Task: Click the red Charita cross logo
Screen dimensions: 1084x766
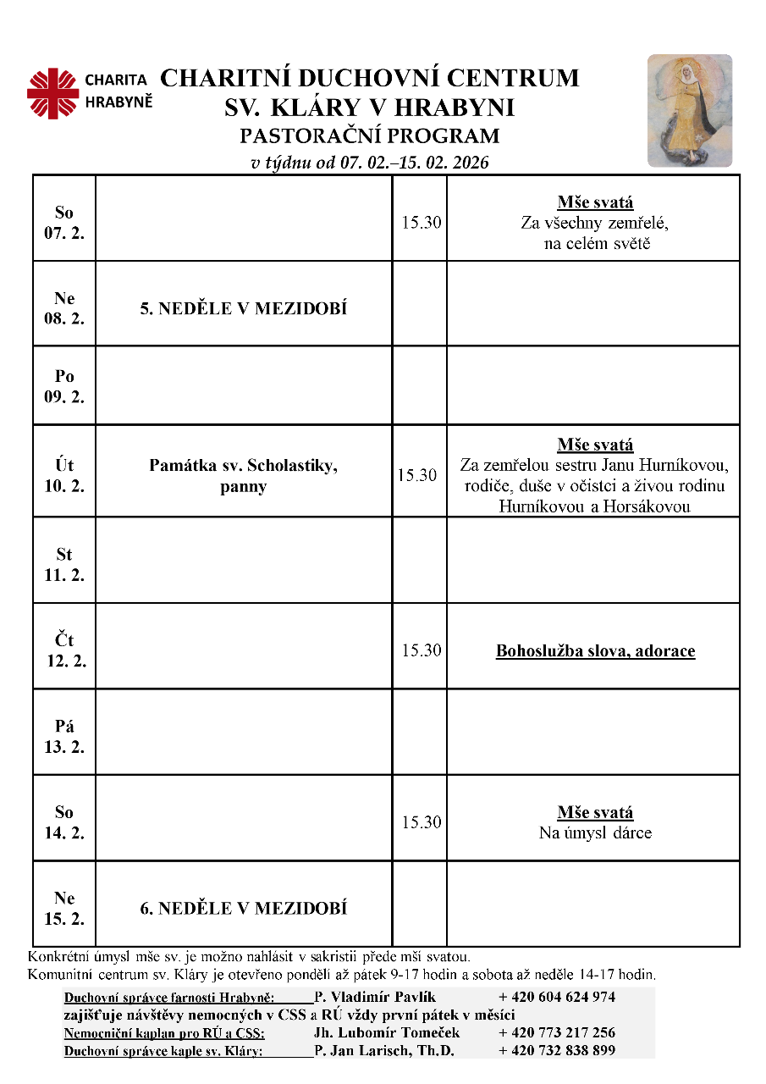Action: point(52,93)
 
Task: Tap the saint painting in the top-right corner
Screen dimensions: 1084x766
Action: point(689,111)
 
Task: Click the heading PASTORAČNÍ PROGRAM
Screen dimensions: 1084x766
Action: point(370,135)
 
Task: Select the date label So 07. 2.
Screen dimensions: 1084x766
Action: point(64,223)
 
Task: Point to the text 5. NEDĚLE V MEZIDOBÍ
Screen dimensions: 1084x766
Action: point(244,309)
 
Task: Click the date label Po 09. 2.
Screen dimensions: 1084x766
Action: point(64,386)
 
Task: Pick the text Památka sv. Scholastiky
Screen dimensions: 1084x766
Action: point(244,465)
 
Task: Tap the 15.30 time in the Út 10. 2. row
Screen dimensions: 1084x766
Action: point(418,476)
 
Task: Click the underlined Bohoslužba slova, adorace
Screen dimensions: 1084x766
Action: point(595,651)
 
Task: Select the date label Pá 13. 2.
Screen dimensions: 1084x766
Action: point(64,736)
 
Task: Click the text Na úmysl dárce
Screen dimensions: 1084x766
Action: point(595,832)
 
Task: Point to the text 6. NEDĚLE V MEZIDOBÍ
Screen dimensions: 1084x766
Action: point(244,909)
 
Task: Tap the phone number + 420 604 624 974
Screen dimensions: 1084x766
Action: point(557,997)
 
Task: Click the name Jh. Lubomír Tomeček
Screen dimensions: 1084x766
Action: point(387,1032)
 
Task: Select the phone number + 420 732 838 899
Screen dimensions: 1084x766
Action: point(557,1051)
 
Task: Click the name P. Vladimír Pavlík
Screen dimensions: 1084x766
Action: point(375,997)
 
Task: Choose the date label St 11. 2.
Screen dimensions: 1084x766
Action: point(64,564)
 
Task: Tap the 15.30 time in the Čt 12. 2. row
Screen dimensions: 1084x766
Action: point(422,650)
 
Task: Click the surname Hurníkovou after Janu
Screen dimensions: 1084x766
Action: point(683,466)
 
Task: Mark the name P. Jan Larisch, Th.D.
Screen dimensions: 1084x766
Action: point(384,1051)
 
